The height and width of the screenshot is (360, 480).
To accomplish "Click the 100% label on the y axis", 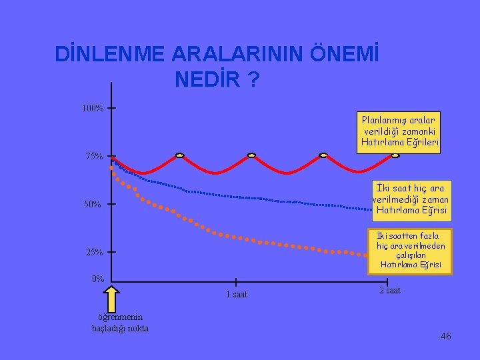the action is coord(93,108).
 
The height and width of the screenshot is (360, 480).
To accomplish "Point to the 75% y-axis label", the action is coord(94,157).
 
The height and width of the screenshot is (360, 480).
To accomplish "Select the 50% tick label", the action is coord(93,204).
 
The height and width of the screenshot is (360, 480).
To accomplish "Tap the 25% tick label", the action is coord(95,252).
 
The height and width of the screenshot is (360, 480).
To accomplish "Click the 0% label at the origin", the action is coord(98,279).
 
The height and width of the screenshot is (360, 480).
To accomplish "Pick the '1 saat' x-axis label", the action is coord(237,294).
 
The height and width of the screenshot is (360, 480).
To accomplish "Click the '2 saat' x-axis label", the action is coord(390,290).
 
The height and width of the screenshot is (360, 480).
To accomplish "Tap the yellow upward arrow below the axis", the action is coord(111,299).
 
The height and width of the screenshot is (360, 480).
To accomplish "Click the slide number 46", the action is coord(446,336).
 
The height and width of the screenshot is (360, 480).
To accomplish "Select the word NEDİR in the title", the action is coord(207,79).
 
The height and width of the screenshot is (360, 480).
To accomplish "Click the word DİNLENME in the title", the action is coord(109,53).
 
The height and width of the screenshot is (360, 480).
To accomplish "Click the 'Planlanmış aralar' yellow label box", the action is coord(399,133).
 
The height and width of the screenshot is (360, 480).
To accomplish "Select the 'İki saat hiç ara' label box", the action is coord(412,201).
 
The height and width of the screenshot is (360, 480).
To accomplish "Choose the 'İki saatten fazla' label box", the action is coord(410,251).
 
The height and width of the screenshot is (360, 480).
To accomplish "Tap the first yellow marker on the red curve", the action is coord(180,155).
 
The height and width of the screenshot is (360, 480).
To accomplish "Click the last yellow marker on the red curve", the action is coord(395,155).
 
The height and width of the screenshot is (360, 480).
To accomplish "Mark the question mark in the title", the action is coord(253,79).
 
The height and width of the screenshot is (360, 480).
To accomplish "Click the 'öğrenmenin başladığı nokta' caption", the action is coord(120,323).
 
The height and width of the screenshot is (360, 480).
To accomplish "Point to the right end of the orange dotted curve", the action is coord(365,255).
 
